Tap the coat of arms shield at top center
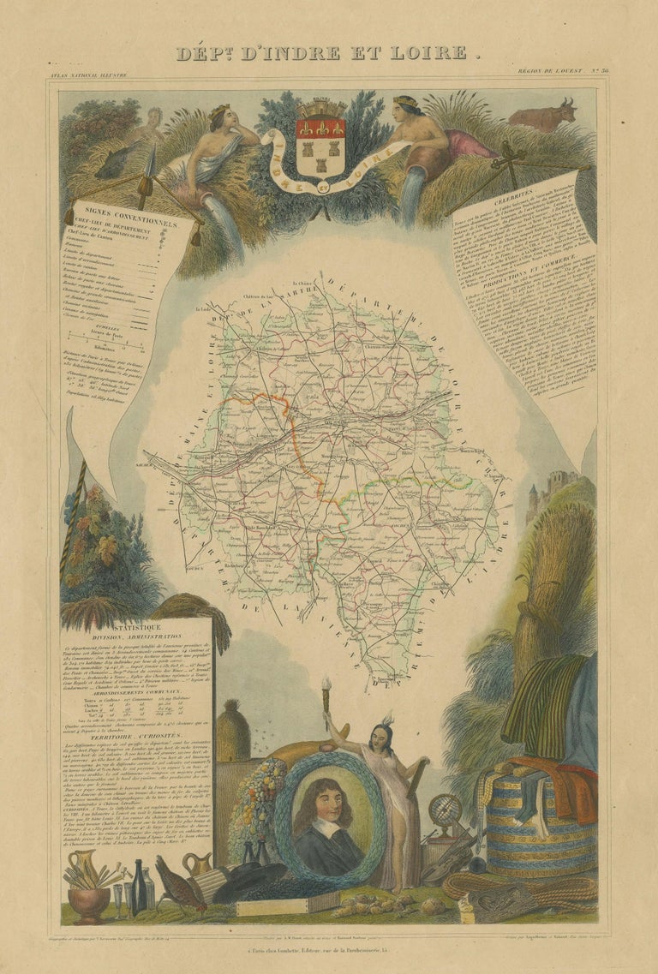[x=320, y=138]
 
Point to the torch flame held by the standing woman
[x=326, y=684]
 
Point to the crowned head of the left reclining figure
[x=221, y=117]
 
